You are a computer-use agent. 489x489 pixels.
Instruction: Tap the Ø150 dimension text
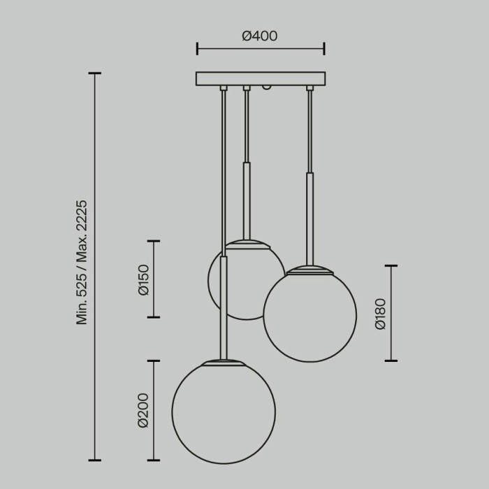[x=144, y=279]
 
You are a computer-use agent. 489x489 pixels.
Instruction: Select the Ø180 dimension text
[x=379, y=314]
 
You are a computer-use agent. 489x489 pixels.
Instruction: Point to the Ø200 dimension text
[x=144, y=410]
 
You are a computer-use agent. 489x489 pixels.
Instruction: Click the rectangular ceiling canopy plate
[x=261, y=78]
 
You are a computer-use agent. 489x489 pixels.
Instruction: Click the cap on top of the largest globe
[x=224, y=363]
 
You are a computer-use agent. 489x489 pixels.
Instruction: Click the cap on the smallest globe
[x=248, y=244]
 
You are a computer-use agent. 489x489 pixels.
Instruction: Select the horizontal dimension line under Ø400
[x=261, y=49]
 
